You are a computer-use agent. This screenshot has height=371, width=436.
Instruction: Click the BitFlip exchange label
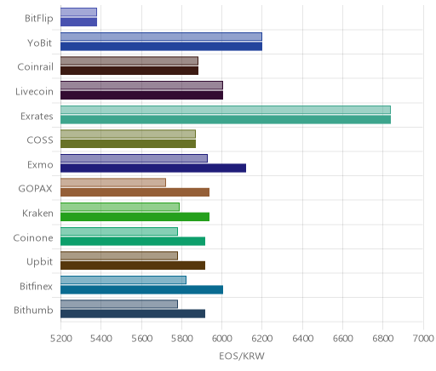click(39, 19)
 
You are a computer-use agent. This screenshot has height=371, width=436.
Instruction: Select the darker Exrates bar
click(226, 120)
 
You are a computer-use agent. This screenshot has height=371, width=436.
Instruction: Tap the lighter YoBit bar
click(161, 37)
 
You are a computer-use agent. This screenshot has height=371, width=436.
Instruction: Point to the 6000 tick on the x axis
click(221, 339)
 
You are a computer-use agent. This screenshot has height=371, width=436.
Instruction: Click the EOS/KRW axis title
click(242, 356)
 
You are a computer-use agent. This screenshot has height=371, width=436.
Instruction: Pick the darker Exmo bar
click(153, 168)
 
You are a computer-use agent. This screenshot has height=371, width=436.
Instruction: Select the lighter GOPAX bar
click(113, 183)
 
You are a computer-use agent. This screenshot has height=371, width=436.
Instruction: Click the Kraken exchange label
click(37, 213)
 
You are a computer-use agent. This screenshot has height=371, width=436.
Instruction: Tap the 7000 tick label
click(423, 339)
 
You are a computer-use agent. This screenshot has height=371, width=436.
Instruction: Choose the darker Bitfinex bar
click(141, 290)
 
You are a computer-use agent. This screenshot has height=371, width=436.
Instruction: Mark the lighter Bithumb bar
click(119, 305)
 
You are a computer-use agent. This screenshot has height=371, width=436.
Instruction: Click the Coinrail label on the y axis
click(35, 67)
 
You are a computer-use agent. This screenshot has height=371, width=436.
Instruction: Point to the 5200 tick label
click(60, 339)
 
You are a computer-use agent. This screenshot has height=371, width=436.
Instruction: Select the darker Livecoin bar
click(141, 95)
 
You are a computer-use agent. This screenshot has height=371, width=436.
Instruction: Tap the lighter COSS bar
click(128, 134)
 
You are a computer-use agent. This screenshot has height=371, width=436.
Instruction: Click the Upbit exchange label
click(39, 262)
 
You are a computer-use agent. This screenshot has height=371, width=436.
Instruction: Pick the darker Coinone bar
click(133, 242)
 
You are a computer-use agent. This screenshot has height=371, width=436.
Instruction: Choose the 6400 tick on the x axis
click(302, 339)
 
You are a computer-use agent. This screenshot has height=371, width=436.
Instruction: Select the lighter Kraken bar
click(120, 207)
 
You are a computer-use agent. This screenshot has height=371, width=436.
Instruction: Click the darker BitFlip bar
click(78, 22)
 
